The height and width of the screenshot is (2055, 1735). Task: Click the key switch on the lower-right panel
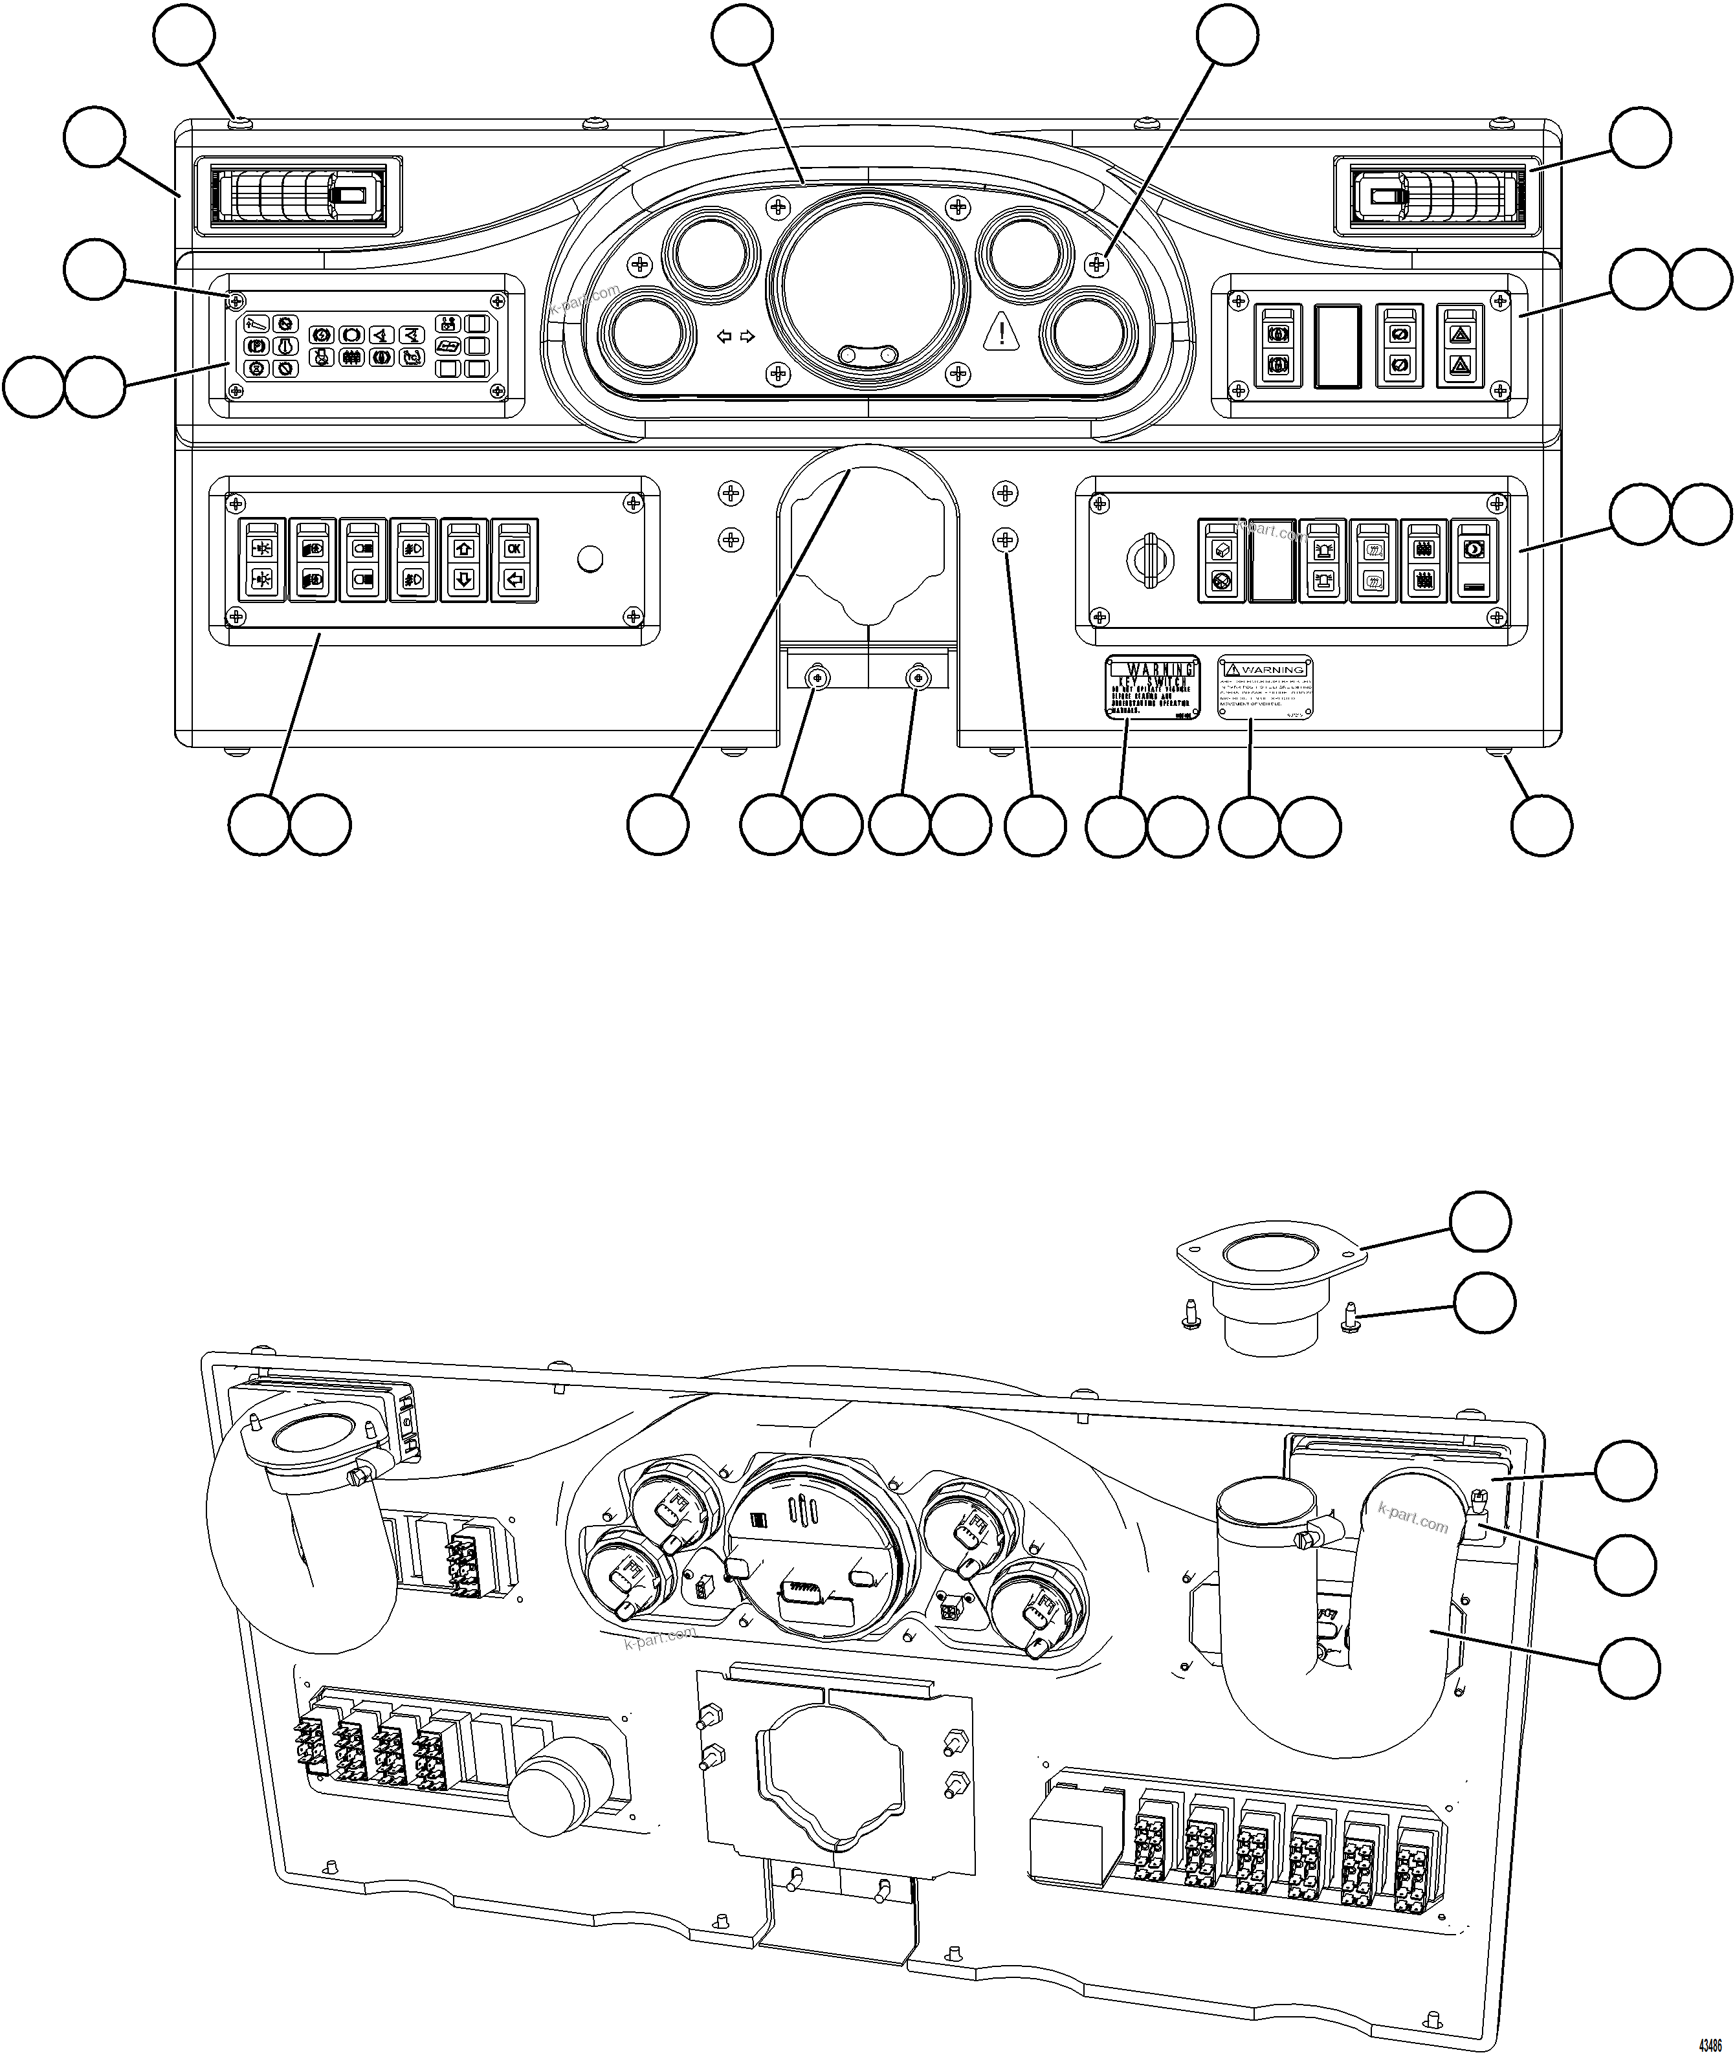coord(1149,560)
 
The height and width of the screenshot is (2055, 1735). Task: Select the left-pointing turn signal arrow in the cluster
coord(724,336)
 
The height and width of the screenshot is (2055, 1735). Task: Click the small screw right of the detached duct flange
coord(1351,1317)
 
